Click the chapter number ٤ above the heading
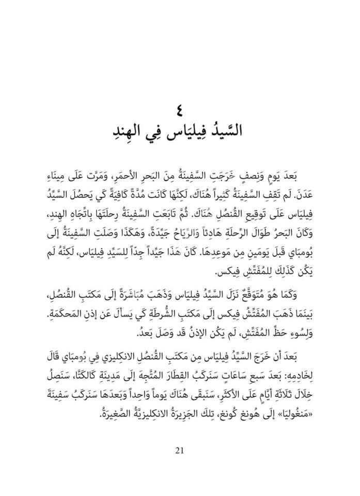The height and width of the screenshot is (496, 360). pyautogui.click(x=180, y=111)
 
